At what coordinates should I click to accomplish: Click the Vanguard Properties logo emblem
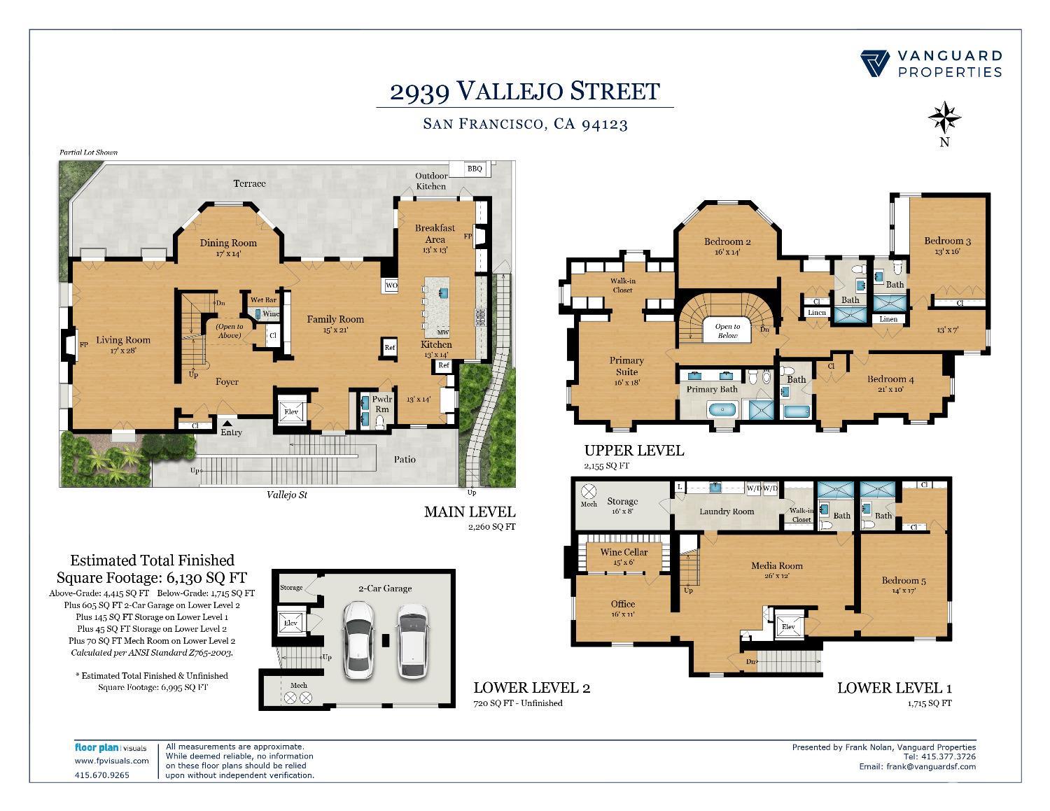coord(874,64)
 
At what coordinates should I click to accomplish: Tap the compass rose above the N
coord(944,117)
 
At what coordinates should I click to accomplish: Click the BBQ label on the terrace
coord(475,169)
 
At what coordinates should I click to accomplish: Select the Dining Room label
coord(228,243)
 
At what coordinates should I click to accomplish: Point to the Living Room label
coord(123,340)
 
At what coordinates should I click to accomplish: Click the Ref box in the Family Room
coord(389,347)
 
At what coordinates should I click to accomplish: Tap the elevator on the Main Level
coord(291,411)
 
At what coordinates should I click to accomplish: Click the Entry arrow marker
coord(227,423)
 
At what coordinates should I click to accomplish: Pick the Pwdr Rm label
coord(381,404)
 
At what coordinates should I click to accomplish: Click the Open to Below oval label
coord(727,331)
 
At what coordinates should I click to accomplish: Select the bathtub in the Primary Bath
coord(722,410)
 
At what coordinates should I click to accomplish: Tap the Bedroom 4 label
coord(890,379)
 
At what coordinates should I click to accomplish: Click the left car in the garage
coord(358,640)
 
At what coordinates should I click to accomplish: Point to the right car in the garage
coord(413,640)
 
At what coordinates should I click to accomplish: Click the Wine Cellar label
coord(624,552)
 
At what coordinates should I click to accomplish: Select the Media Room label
coord(776,565)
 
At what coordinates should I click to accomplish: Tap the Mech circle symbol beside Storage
coord(588,492)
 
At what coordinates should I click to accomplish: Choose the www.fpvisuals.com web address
coord(111,761)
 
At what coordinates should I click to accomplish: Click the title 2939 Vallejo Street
coord(525,91)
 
